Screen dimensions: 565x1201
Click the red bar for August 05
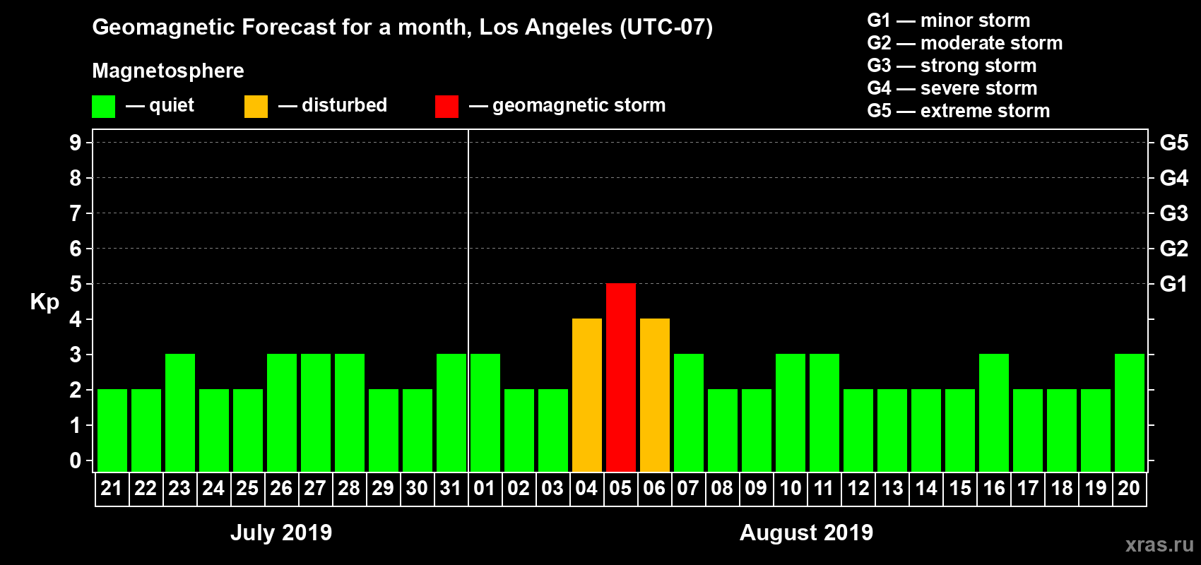(620, 377)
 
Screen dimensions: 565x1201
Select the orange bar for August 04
(586, 395)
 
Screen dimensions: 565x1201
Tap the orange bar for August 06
(654, 395)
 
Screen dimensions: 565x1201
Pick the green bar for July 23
(179, 412)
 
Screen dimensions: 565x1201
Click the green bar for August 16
(993, 412)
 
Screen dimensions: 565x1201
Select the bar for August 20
(1129, 412)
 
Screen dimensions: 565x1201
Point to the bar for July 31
(451, 412)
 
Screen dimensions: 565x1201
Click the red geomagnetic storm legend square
(446, 107)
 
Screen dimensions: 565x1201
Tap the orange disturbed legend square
(256, 107)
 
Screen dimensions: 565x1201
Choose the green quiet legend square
(103, 107)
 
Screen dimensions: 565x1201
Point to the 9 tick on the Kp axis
(76, 143)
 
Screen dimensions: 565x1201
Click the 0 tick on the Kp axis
(76, 461)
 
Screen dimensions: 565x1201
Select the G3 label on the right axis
(1173, 213)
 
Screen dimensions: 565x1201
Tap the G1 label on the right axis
(1173, 284)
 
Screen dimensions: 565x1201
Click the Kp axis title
(45, 302)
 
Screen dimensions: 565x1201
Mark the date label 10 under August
(790, 488)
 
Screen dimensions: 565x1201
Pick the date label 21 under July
(112, 488)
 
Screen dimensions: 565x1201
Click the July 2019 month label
(281, 533)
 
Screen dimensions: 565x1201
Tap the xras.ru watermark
(1159, 545)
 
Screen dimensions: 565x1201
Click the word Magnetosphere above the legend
(168, 71)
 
